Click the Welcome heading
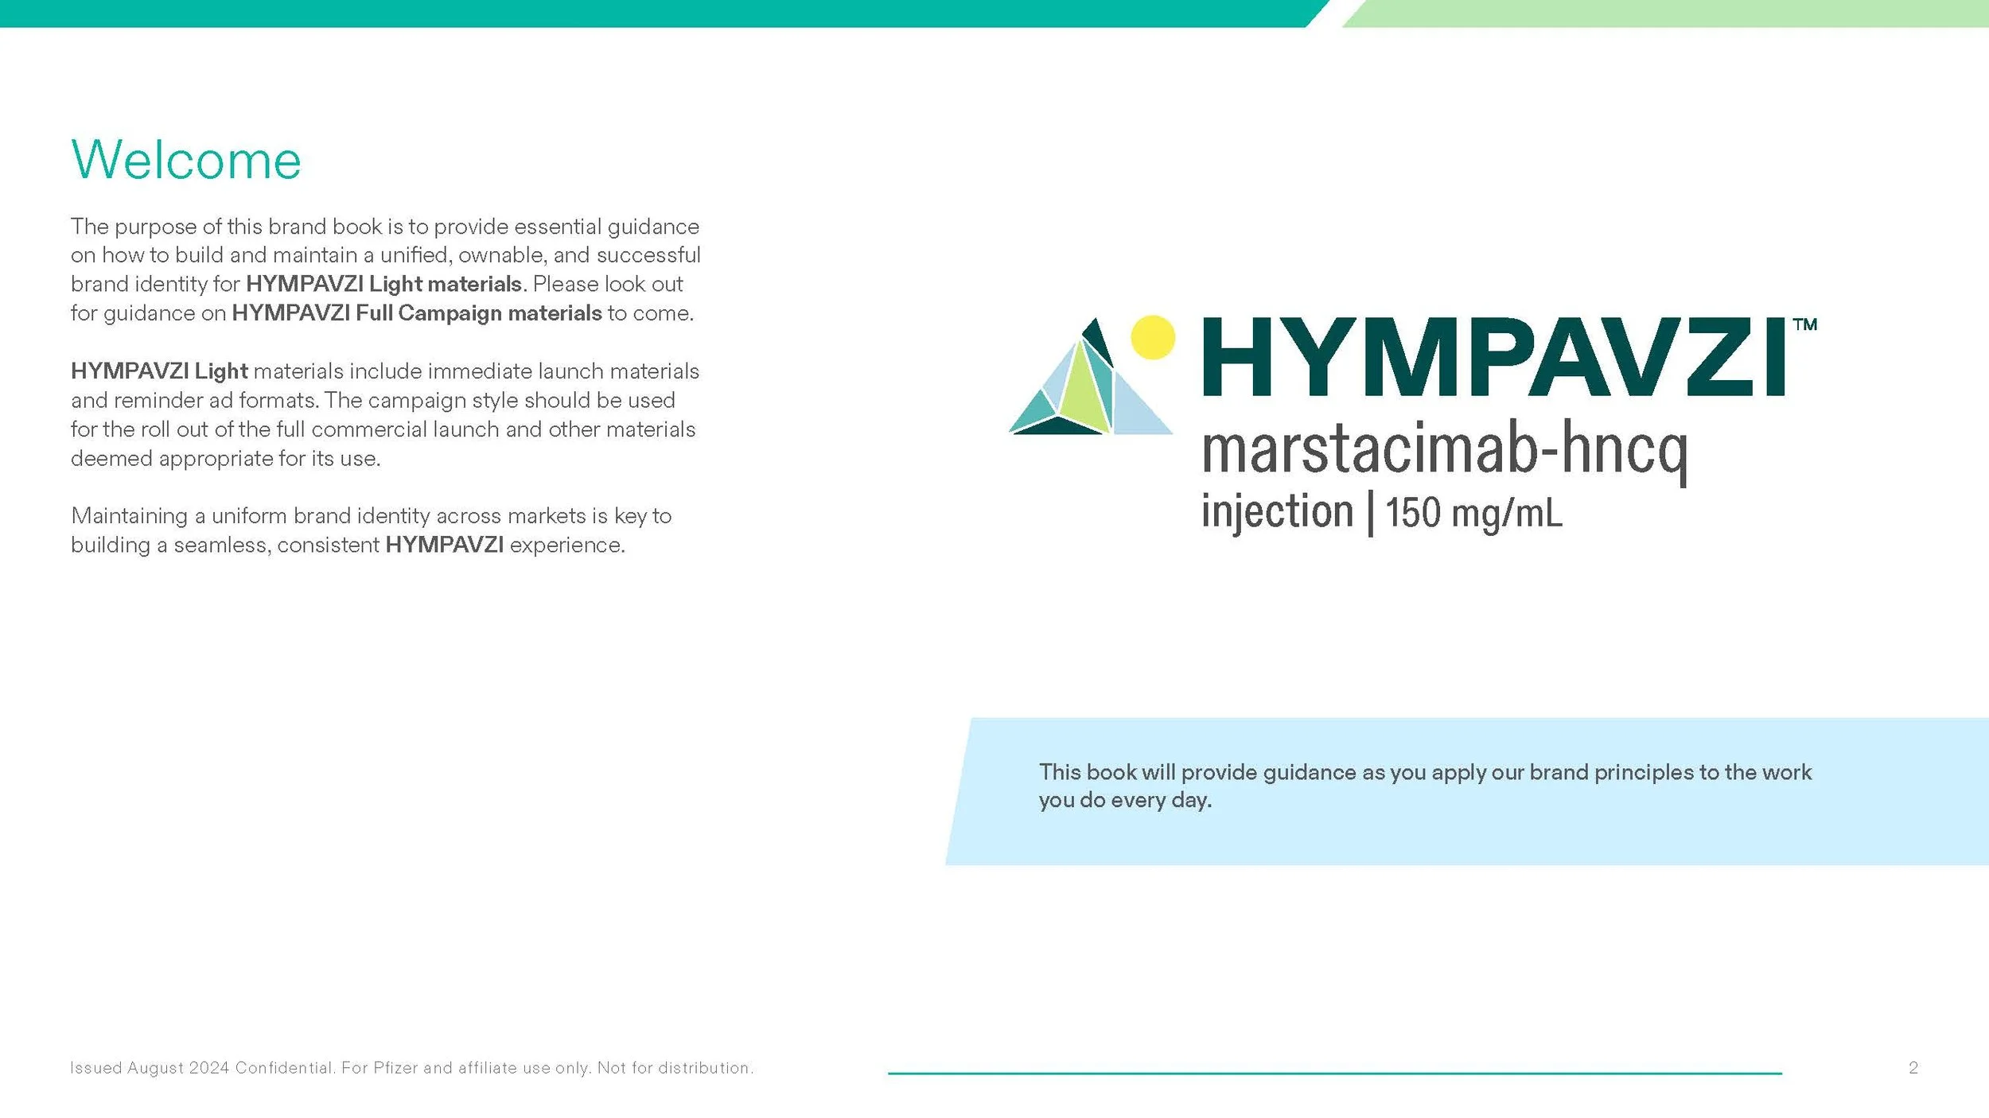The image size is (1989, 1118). [186, 160]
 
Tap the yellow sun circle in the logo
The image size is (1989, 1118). [1153, 337]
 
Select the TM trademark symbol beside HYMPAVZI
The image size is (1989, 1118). [1805, 324]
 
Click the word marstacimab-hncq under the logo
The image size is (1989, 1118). [1444, 449]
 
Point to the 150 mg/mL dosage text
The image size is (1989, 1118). [1474, 513]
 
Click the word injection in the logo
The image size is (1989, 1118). [1277, 511]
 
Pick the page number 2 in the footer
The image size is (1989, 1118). [1913, 1068]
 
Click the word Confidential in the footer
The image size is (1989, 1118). [284, 1068]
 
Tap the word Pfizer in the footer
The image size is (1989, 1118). [396, 1068]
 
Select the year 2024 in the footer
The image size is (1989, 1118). [209, 1068]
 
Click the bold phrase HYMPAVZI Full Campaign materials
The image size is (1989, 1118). [417, 313]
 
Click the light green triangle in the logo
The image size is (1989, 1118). [1084, 394]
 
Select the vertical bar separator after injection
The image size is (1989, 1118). [1370, 514]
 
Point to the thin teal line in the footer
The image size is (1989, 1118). [1334, 1073]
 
